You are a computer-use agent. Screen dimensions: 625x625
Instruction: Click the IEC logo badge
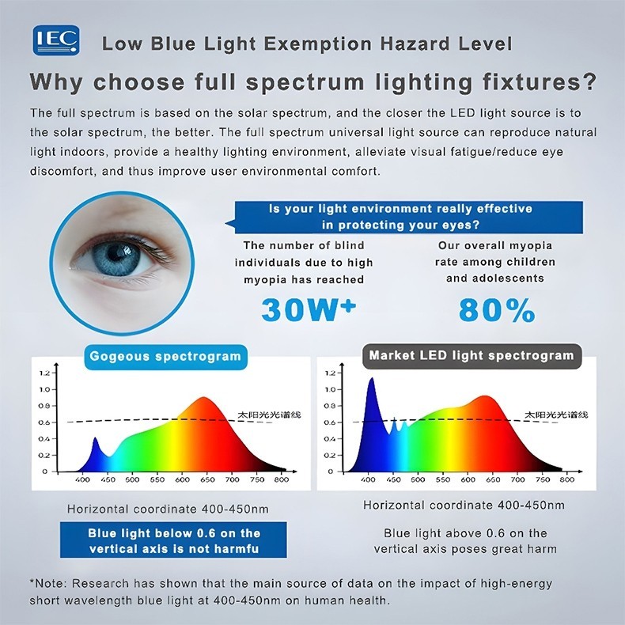(x=55, y=40)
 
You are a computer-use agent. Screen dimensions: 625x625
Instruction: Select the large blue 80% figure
(x=497, y=311)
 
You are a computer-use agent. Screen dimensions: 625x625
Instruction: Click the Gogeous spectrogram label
(x=165, y=356)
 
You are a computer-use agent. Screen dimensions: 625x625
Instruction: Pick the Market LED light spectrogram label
(x=472, y=356)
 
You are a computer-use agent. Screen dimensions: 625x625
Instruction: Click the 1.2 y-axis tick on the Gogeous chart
(x=44, y=373)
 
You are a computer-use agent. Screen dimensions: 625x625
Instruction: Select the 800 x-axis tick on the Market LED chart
(x=566, y=479)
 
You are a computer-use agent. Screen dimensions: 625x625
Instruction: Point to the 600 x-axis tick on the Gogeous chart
(x=182, y=479)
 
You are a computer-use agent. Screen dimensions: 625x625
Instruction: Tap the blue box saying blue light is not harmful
(x=174, y=541)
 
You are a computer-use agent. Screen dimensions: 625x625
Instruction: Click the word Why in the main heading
(x=59, y=82)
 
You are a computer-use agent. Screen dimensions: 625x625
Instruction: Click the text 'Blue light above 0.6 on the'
(x=465, y=533)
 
